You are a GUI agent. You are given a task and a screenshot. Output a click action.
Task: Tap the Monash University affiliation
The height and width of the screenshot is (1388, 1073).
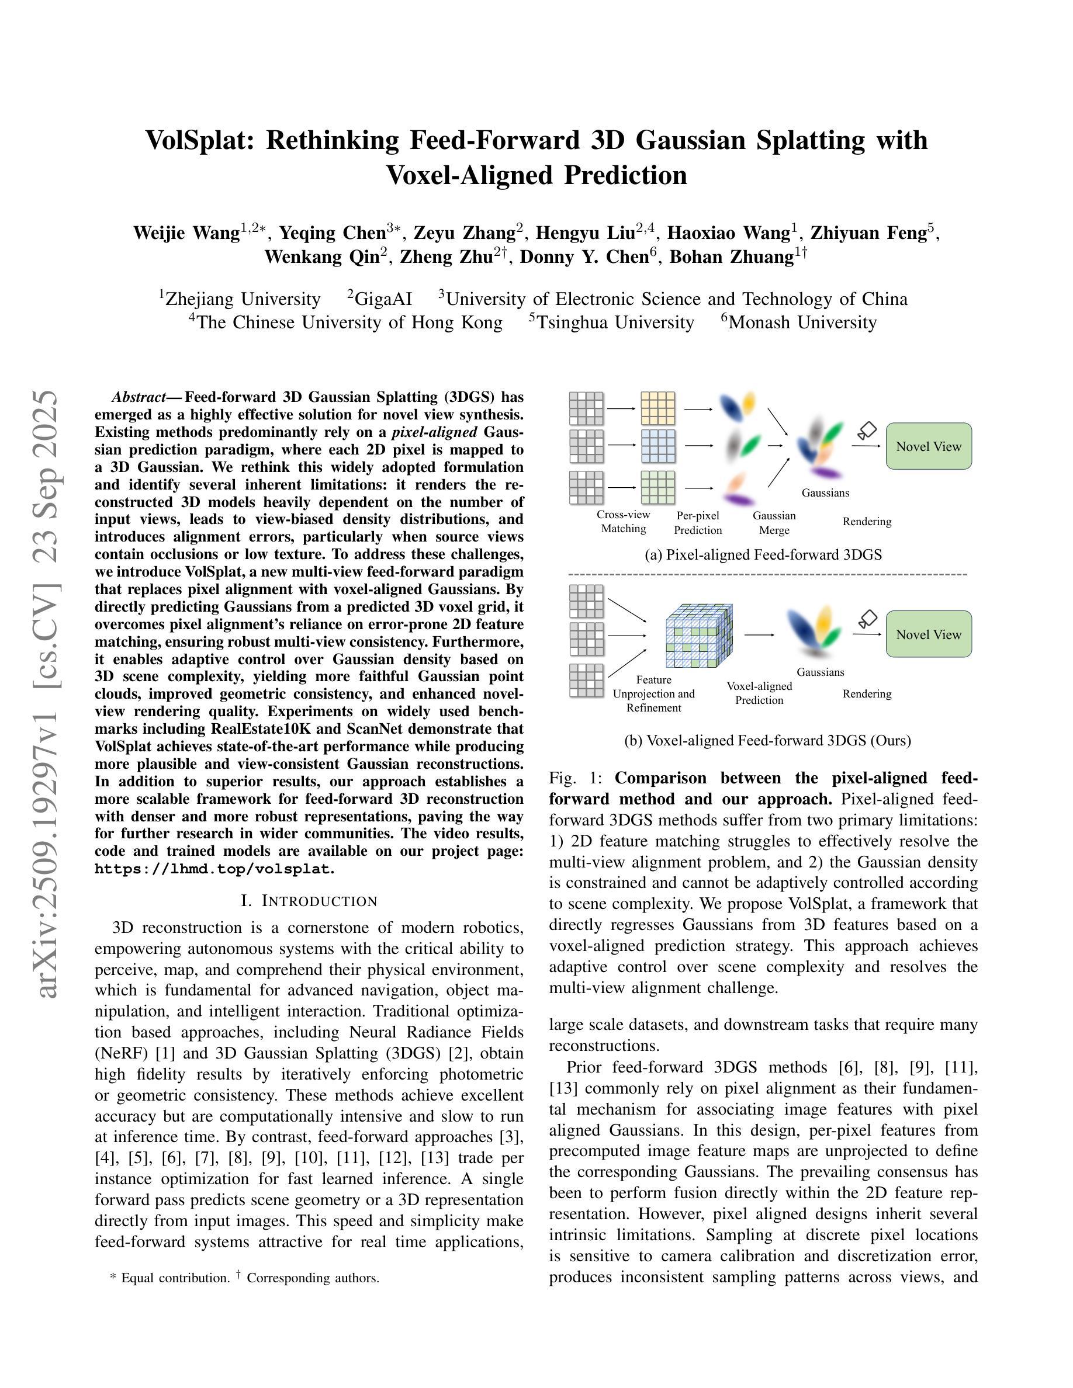tap(802, 323)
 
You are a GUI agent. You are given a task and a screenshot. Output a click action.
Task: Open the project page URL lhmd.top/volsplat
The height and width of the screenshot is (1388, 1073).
tap(213, 869)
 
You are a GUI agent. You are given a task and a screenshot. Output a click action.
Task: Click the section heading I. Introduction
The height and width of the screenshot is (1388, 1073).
tap(309, 901)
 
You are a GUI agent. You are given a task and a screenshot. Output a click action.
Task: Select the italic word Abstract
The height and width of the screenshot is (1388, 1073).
tap(139, 398)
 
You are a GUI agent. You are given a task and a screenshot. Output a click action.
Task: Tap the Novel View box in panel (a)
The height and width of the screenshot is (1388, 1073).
tap(928, 447)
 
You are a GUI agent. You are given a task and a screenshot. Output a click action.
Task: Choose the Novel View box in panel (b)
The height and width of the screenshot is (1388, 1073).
tap(928, 634)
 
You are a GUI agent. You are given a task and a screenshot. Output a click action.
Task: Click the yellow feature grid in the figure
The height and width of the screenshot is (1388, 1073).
tap(658, 408)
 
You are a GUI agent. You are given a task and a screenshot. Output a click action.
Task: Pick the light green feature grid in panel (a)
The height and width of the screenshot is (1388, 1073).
tap(658, 487)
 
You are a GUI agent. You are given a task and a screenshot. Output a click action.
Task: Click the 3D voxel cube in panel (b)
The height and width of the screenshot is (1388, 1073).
tap(698, 636)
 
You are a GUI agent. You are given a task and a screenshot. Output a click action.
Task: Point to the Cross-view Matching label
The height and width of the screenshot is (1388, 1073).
tap(623, 522)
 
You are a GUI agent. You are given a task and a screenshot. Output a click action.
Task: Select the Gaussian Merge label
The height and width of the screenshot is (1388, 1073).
tap(774, 523)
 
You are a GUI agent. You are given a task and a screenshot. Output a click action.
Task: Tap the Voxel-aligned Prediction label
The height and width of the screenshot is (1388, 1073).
tap(759, 693)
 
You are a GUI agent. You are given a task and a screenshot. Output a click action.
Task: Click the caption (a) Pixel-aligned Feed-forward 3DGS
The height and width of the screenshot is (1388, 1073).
tap(763, 555)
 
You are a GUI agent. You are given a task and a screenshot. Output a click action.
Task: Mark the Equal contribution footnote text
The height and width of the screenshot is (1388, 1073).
tap(175, 1278)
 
